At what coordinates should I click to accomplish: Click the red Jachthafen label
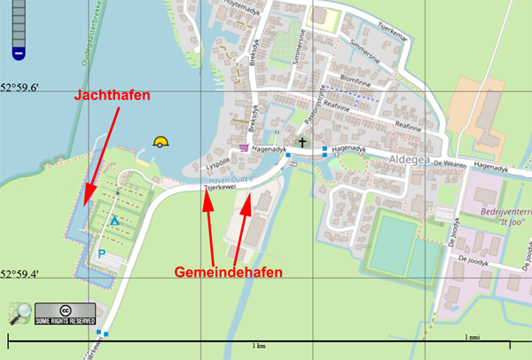pos(113,94)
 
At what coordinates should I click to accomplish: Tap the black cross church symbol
pos(301,143)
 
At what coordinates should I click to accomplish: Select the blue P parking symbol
pos(101,254)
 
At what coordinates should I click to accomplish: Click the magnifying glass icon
pos(20,314)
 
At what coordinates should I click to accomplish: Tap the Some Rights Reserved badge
pos(66,314)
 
